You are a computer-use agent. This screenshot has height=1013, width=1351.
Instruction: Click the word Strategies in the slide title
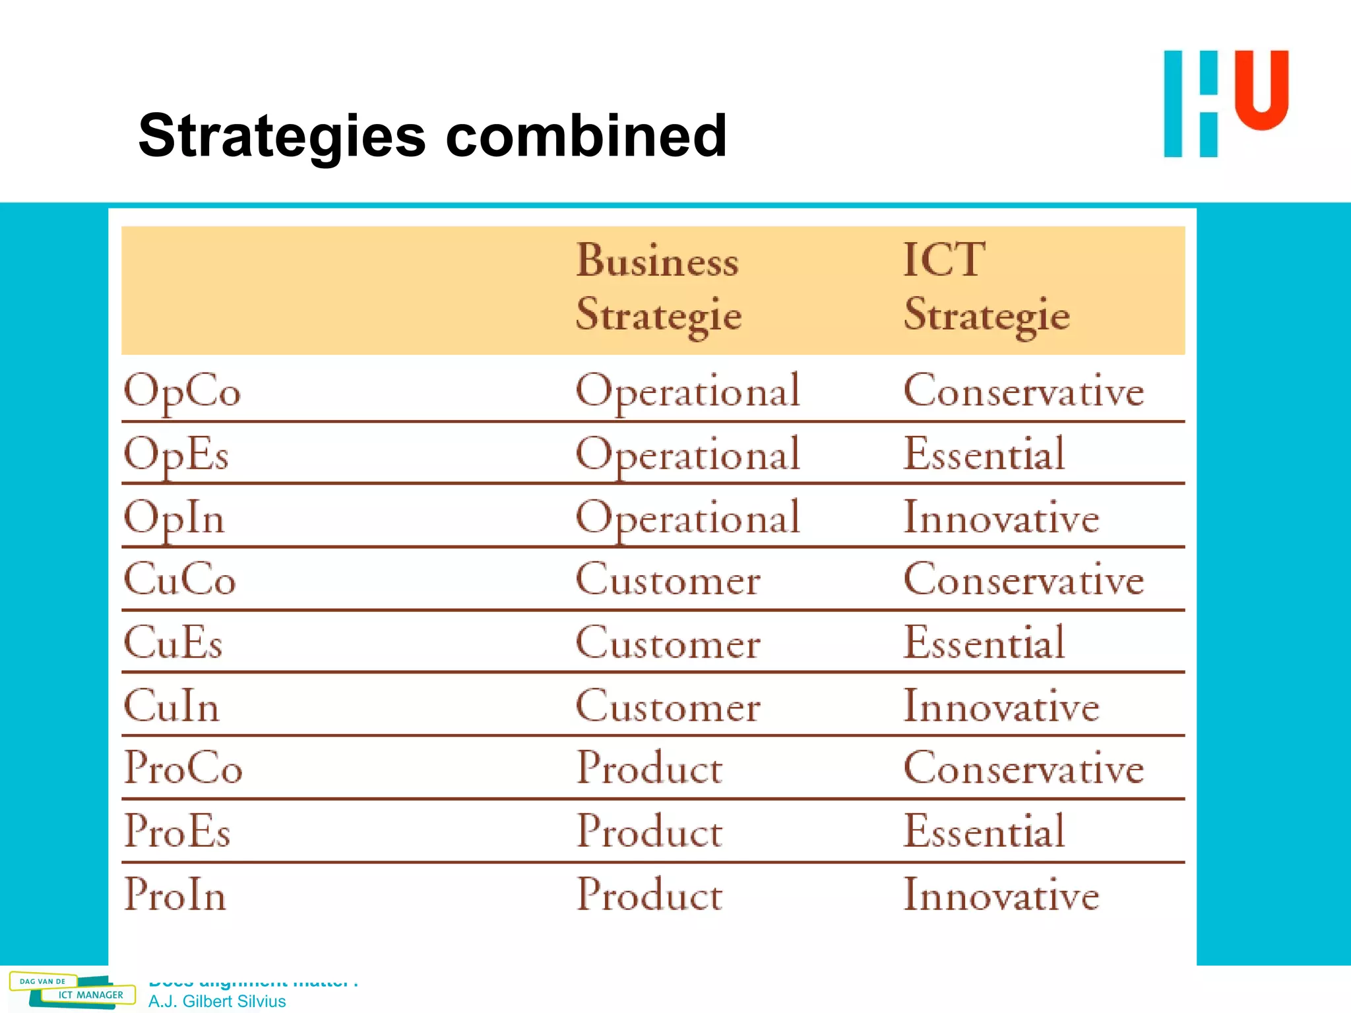point(282,137)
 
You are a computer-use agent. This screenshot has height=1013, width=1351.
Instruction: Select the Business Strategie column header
point(658,288)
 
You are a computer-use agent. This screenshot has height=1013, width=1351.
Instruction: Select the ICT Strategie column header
point(986,288)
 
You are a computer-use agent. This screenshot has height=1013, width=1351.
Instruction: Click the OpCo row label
point(182,392)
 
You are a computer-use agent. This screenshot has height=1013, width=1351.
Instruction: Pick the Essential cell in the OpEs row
point(984,454)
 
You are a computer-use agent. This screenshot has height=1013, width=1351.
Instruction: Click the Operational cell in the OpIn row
point(687,518)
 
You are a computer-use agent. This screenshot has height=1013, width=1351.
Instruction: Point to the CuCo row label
point(179,580)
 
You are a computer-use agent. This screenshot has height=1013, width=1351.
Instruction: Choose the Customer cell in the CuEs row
point(668,642)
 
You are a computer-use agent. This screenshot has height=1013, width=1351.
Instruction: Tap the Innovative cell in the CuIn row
point(1001,706)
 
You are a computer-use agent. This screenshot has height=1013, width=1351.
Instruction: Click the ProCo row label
point(183,768)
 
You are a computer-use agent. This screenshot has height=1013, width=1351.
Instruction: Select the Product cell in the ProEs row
point(649,831)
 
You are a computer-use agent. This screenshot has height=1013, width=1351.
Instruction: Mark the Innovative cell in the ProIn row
point(1001,895)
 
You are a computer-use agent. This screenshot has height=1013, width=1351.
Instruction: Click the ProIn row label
point(175,895)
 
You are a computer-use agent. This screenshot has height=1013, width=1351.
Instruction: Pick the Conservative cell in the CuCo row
point(1023,580)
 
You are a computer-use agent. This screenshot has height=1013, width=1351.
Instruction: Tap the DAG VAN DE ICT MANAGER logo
point(71,990)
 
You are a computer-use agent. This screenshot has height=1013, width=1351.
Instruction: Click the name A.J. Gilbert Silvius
point(217,1001)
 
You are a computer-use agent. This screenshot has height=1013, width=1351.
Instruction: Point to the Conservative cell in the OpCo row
point(1023,391)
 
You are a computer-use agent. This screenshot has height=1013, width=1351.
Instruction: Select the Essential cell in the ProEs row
point(984,831)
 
